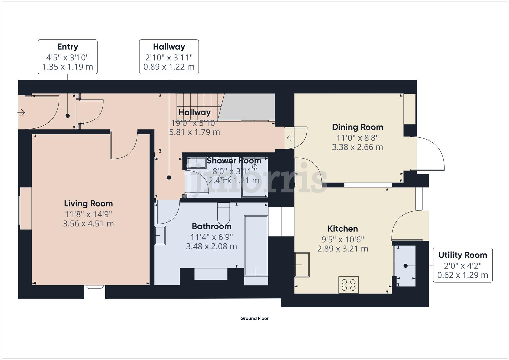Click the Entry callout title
(x=68, y=47)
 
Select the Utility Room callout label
(x=463, y=255)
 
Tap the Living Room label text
(x=88, y=204)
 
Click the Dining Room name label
(x=357, y=127)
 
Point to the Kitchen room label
(x=343, y=229)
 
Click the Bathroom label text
(x=211, y=227)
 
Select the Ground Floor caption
(x=254, y=319)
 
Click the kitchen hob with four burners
(x=349, y=285)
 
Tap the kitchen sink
(x=302, y=265)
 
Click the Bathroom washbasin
(x=160, y=236)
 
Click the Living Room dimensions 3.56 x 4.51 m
(x=88, y=224)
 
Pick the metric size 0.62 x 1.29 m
(x=463, y=275)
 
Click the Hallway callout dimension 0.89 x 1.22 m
(x=169, y=67)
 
